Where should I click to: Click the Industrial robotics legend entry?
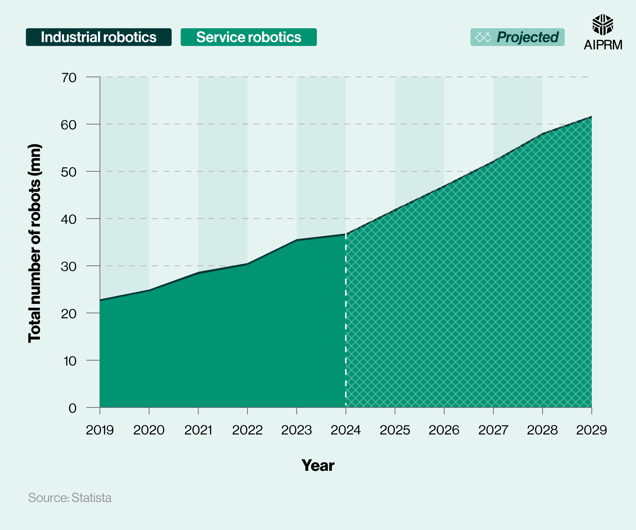[x=99, y=37]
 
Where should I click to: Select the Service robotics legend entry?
[x=248, y=37]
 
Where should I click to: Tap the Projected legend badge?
[x=517, y=37]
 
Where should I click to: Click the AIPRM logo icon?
[x=603, y=25]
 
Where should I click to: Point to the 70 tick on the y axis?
[x=69, y=78]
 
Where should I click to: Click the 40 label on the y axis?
[x=69, y=219]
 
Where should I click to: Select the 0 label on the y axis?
[x=73, y=408]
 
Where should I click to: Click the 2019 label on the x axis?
[x=100, y=430]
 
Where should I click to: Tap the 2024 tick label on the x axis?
[x=346, y=430]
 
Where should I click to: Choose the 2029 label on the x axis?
[x=591, y=430]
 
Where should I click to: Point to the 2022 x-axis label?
[x=247, y=430]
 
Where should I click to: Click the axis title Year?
[x=318, y=465]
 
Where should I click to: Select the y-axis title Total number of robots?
[x=35, y=243]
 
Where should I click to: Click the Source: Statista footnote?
[x=70, y=498]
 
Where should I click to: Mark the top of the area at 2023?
[x=297, y=240]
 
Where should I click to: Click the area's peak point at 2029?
[x=591, y=117]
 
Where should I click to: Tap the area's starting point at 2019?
[x=100, y=300]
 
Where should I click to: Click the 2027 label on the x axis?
[x=493, y=430]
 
